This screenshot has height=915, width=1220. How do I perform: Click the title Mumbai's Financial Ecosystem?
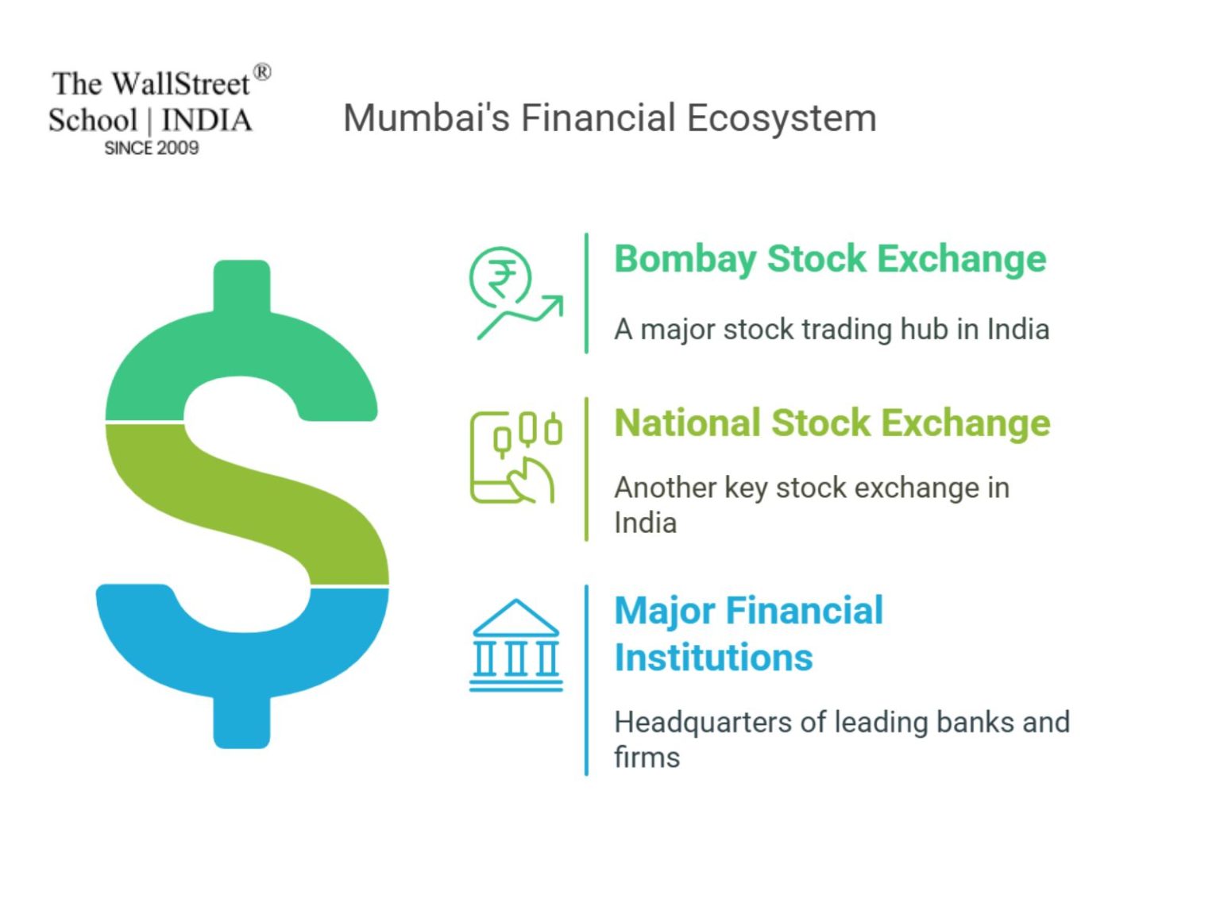click(609, 118)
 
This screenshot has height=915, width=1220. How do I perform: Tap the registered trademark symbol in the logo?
click(262, 73)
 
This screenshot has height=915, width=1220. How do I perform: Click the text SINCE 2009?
click(151, 148)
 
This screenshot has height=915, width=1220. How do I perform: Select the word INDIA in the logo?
click(207, 121)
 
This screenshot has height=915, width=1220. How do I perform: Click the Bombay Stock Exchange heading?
click(830, 259)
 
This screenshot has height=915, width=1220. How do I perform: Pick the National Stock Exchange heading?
click(832, 423)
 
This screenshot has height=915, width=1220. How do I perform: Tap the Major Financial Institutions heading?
click(748, 634)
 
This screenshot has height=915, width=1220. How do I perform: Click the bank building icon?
click(515, 645)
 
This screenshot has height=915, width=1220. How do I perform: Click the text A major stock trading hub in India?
click(831, 329)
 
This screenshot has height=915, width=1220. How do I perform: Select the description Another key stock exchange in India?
click(810, 504)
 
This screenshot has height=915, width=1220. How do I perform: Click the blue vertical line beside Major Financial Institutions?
click(586, 680)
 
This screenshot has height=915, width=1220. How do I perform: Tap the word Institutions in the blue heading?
click(713, 658)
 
